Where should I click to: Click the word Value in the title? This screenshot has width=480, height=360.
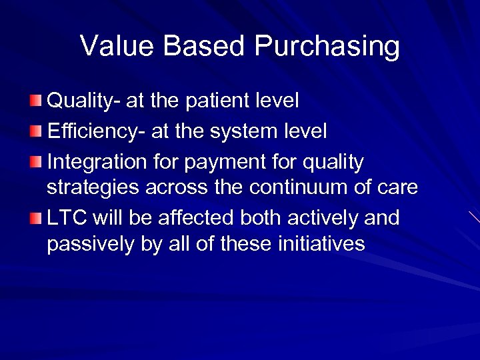tap(117, 47)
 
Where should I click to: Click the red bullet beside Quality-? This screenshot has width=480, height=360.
tap(37, 101)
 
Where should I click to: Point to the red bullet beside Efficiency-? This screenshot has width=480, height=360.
tap(37, 131)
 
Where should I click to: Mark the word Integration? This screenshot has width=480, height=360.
tap(91, 162)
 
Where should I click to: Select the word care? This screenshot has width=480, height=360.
tap(398, 188)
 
